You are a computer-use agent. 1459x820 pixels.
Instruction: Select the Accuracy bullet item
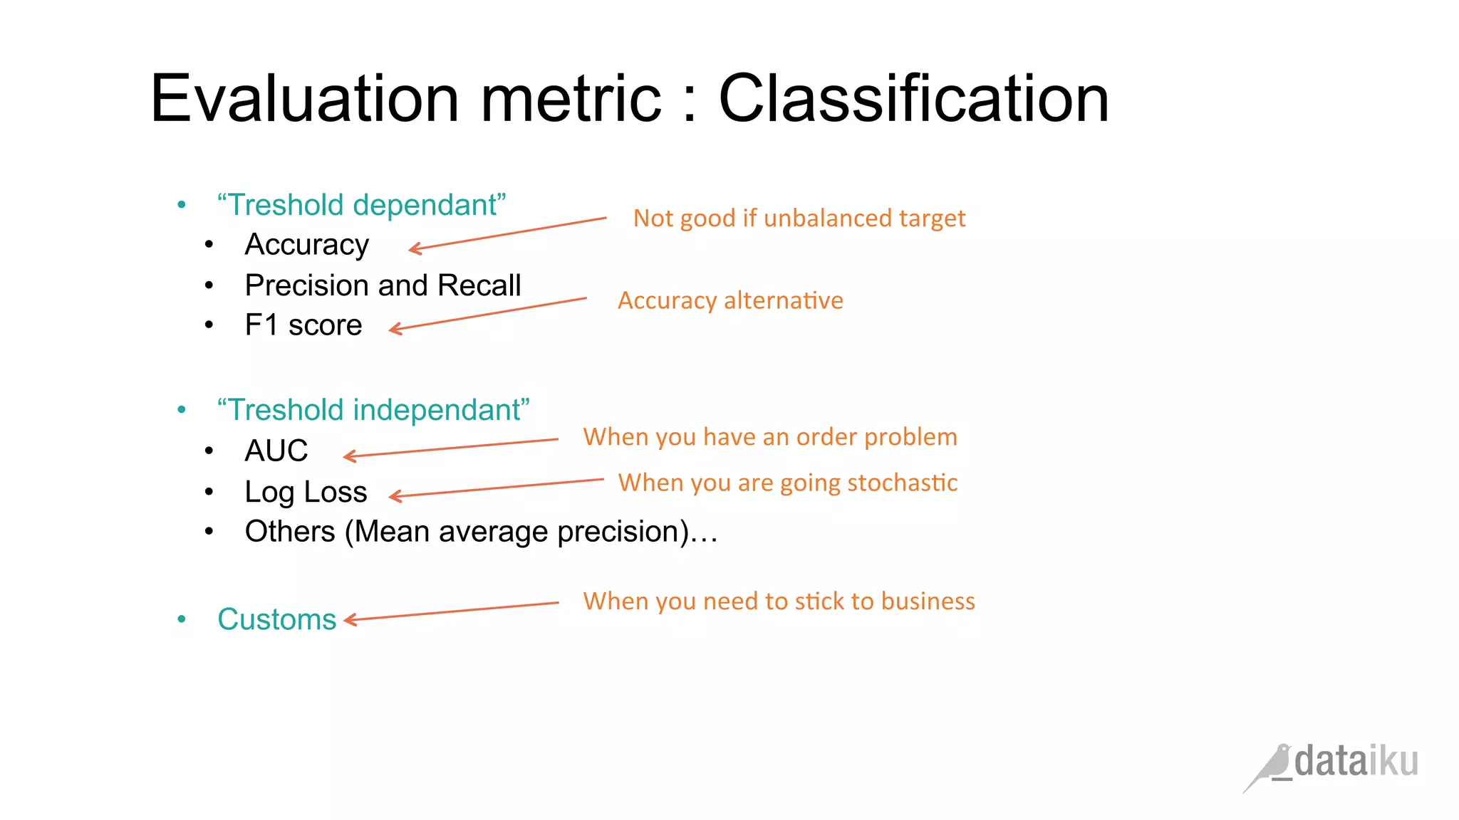click(306, 244)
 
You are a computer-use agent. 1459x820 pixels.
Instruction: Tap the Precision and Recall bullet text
click(383, 285)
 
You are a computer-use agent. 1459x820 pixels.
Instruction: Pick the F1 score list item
click(303, 325)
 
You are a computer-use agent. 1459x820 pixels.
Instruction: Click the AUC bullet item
click(276, 451)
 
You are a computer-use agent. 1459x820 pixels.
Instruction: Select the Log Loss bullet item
click(306, 492)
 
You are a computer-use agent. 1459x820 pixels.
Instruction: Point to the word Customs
click(276, 619)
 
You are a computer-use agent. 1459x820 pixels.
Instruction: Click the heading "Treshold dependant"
click(361, 205)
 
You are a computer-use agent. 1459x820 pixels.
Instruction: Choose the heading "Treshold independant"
click(373, 410)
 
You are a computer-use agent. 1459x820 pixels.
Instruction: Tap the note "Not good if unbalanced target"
click(799, 219)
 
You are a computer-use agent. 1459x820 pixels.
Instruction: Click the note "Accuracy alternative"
click(730, 300)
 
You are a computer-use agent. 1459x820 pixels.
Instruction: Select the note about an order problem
click(769, 437)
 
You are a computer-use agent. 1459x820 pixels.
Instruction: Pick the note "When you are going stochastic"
click(787, 483)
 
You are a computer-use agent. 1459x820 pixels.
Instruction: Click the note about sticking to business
click(779, 601)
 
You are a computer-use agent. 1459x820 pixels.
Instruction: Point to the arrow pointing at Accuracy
click(507, 233)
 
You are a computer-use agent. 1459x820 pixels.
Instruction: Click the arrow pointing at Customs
click(452, 611)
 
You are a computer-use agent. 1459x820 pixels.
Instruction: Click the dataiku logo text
click(1356, 762)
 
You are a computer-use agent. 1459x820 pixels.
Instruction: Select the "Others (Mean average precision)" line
click(481, 532)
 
